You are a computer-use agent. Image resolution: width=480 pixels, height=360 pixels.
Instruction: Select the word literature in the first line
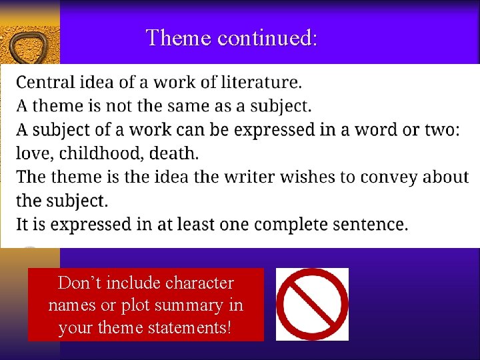(x=260, y=82)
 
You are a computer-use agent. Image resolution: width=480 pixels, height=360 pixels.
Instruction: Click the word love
(x=35, y=153)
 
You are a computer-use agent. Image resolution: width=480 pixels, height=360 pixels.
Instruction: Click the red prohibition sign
(x=312, y=304)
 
